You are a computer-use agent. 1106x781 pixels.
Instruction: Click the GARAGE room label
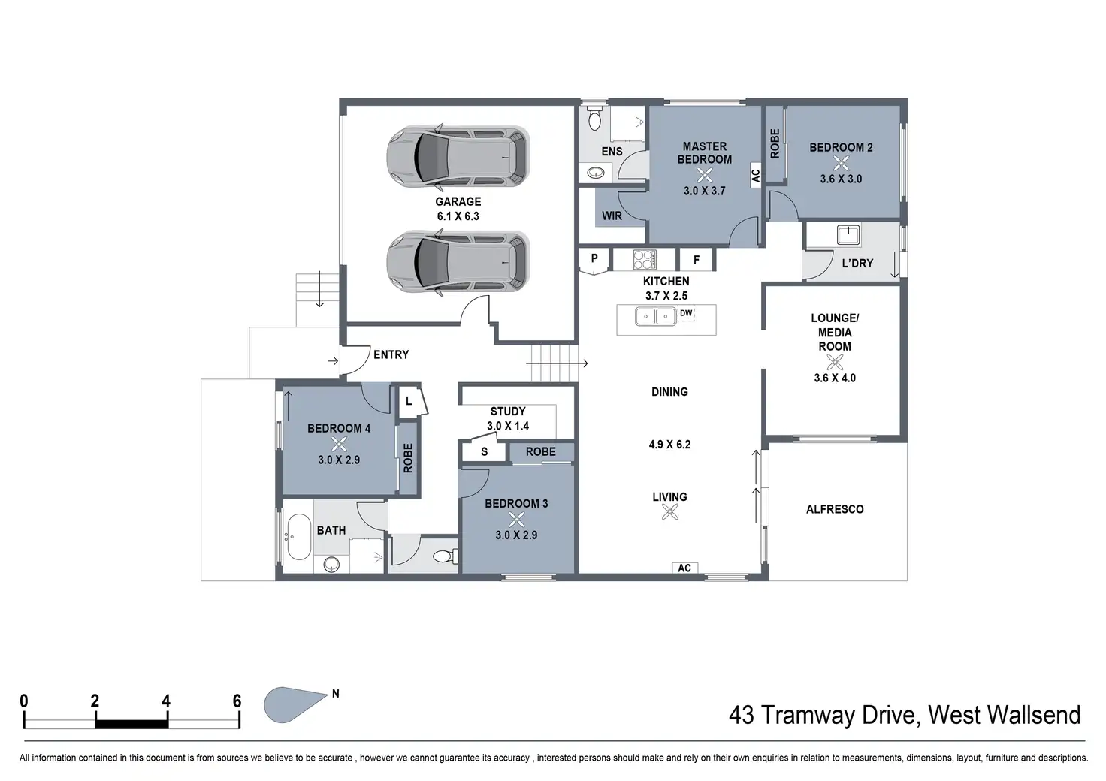pyautogui.click(x=458, y=201)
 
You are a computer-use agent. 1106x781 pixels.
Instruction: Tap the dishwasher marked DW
pyautogui.click(x=686, y=314)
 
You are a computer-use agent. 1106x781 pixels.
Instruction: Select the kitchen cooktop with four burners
pyautogui.click(x=645, y=260)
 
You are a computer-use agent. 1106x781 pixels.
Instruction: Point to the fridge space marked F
pyautogui.click(x=697, y=260)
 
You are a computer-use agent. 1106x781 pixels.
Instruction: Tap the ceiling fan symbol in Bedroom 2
pyautogui.click(x=841, y=163)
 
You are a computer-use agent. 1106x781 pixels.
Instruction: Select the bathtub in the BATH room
pyautogui.click(x=299, y=537)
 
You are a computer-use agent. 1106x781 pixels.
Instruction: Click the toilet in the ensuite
pyautogui.click(x=595, y=119)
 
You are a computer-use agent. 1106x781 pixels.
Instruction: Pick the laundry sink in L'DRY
pyautogui.click(x=848, y=235)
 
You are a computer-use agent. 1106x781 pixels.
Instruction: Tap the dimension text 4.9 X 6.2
pyautogui.click(x=669, y=445)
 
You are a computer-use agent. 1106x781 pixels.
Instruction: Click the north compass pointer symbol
pyautogui.click(x=295, y=704)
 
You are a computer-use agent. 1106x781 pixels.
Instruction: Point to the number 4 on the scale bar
pyautogui.click(x=166, y=701)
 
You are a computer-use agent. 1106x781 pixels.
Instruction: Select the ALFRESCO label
pyautogui.click(x=835, y=509)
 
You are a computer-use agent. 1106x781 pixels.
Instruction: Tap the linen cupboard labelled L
pyautogui.click(x=409, y=402)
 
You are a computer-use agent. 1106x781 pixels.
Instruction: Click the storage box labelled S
pyautogui.click(x=484, y=451)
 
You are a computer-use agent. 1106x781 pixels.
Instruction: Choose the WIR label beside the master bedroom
pyautogui.click(x=612, y=216)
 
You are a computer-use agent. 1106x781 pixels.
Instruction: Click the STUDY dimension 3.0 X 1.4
pyautogui.click(x=508, y=426)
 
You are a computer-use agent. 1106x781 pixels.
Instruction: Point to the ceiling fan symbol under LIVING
pyautogui.click(x=670, y=512)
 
